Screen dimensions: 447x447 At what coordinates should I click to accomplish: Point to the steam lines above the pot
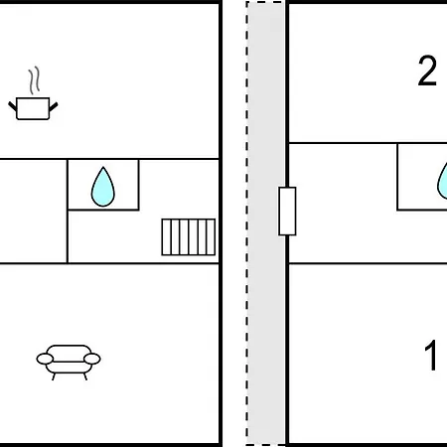(34, 80)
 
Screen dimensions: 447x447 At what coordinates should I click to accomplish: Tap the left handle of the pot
(13, 106)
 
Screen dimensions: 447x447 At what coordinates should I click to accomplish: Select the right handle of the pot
(54, 106)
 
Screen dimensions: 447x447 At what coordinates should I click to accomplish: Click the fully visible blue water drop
(103, 188)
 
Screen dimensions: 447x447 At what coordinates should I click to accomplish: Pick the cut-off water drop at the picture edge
(443, 183)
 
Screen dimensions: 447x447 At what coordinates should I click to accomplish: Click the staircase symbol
(189, 237)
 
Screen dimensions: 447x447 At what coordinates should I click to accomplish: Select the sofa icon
(69, 363)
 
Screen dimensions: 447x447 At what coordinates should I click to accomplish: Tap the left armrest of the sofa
(45, 359)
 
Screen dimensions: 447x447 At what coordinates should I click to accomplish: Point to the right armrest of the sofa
(92, 359)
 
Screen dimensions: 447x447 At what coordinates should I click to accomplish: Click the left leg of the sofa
(54, 376)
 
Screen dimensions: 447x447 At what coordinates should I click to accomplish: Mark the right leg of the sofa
(85, 376)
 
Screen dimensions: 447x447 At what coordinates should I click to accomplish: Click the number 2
(427, 71)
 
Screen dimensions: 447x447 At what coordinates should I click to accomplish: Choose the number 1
(431, 356)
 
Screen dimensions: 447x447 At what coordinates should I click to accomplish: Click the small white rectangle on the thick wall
(287, 212)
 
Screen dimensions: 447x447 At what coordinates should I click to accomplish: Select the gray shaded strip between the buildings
(265, 223)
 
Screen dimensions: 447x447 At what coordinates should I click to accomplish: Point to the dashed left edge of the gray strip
(247, 223)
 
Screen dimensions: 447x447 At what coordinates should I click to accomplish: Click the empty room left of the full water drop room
(33, 212)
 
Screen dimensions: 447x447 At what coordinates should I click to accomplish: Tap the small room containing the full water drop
(103, 185)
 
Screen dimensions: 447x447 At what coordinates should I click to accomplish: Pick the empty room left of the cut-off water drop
(343, 204)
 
